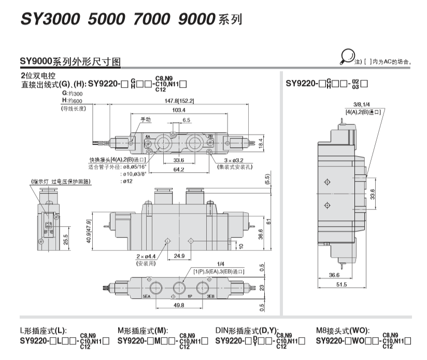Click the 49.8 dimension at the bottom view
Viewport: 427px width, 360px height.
click(x=179, y=305)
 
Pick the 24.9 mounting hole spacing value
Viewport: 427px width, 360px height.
click(x=179, y=255)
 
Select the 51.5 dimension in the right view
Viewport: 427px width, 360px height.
click(x=341, y=284)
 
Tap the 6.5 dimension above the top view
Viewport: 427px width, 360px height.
click(x=186, y=120)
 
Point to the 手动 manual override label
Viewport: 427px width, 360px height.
click(x=146, y=119)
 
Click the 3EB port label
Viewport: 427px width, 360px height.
click(x=210, y=297)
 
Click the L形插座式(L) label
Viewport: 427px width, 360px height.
click(x=44, y=330)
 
